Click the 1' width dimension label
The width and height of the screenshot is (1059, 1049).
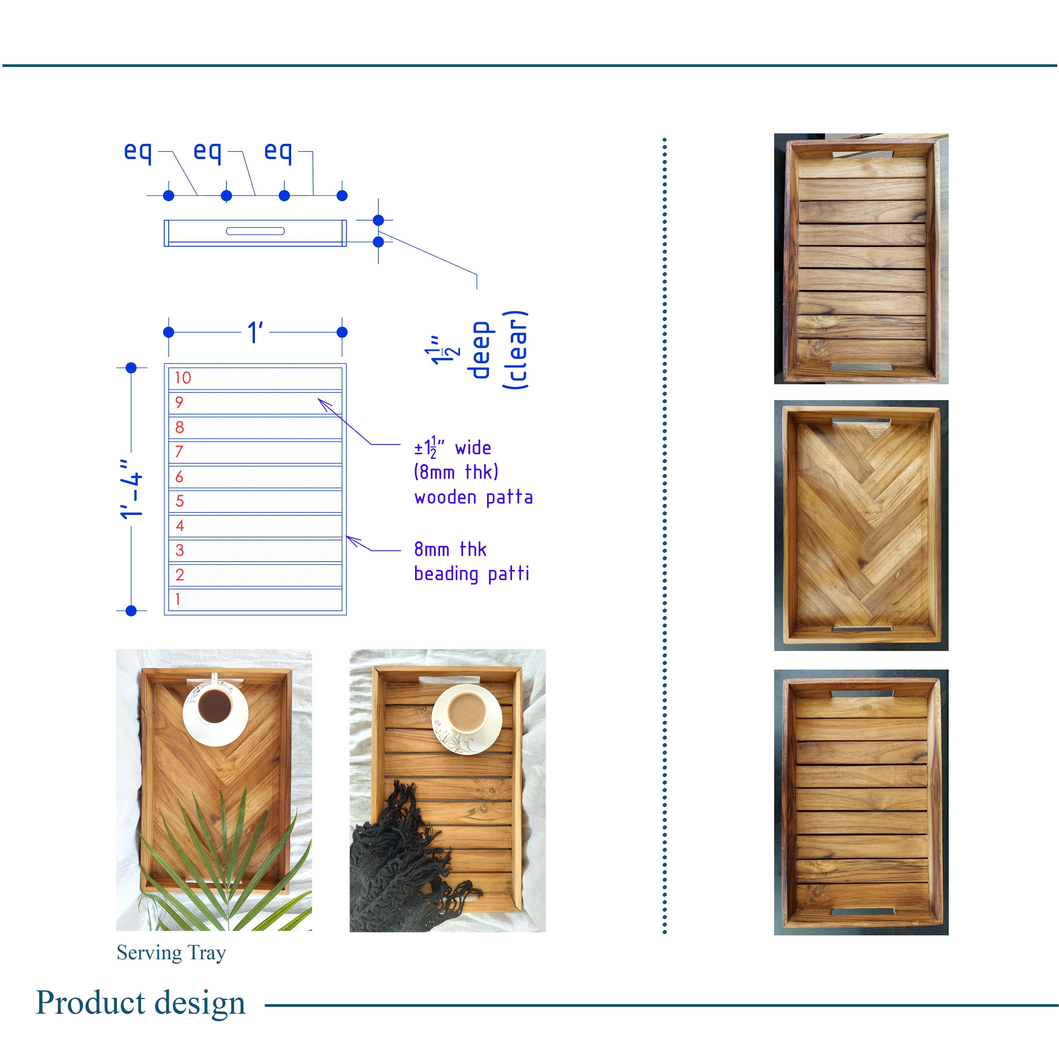tap(256, 332)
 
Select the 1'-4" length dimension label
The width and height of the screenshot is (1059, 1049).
tap(132, 489)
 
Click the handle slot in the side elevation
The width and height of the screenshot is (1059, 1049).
tap(256, 231)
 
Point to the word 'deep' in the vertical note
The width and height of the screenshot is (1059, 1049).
tap(480, 350)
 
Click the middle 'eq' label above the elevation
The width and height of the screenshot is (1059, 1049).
tap(207, 151)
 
